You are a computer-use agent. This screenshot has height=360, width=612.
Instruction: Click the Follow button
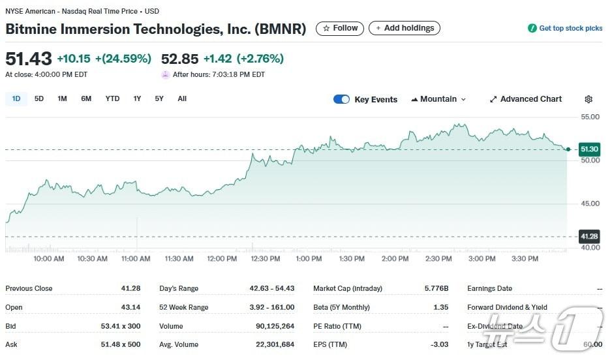coord(340,28)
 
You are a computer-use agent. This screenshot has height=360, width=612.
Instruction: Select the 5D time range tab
coord(39,98)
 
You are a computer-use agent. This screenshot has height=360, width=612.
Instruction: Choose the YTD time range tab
coord(112,98)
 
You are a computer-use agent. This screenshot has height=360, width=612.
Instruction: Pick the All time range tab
coord(182,98)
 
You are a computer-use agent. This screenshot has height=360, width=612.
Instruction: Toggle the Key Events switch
coord(341,99)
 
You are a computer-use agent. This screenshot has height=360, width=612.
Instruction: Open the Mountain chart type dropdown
coord(438,99)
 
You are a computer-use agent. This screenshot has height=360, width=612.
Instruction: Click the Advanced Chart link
coord(525,99)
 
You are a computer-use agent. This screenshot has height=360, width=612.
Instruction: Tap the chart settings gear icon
coord(589,99)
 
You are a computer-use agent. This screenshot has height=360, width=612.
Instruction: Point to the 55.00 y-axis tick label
coord(590,117)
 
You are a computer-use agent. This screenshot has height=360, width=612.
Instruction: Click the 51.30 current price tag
coord(589,149)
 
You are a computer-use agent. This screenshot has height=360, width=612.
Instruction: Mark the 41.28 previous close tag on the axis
coord(589,236)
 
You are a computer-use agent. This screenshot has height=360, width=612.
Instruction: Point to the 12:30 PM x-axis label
coord(266,259)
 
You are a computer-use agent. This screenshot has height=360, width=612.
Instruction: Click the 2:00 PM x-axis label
coord(395,259)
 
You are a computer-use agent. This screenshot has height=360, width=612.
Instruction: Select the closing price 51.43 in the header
coord(29,59)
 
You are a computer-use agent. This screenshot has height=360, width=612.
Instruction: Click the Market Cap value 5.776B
coord(436,288)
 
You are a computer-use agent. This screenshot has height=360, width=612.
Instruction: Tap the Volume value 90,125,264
coord(275,326)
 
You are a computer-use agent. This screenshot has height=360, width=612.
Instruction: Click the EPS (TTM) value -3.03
coord(440,344)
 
